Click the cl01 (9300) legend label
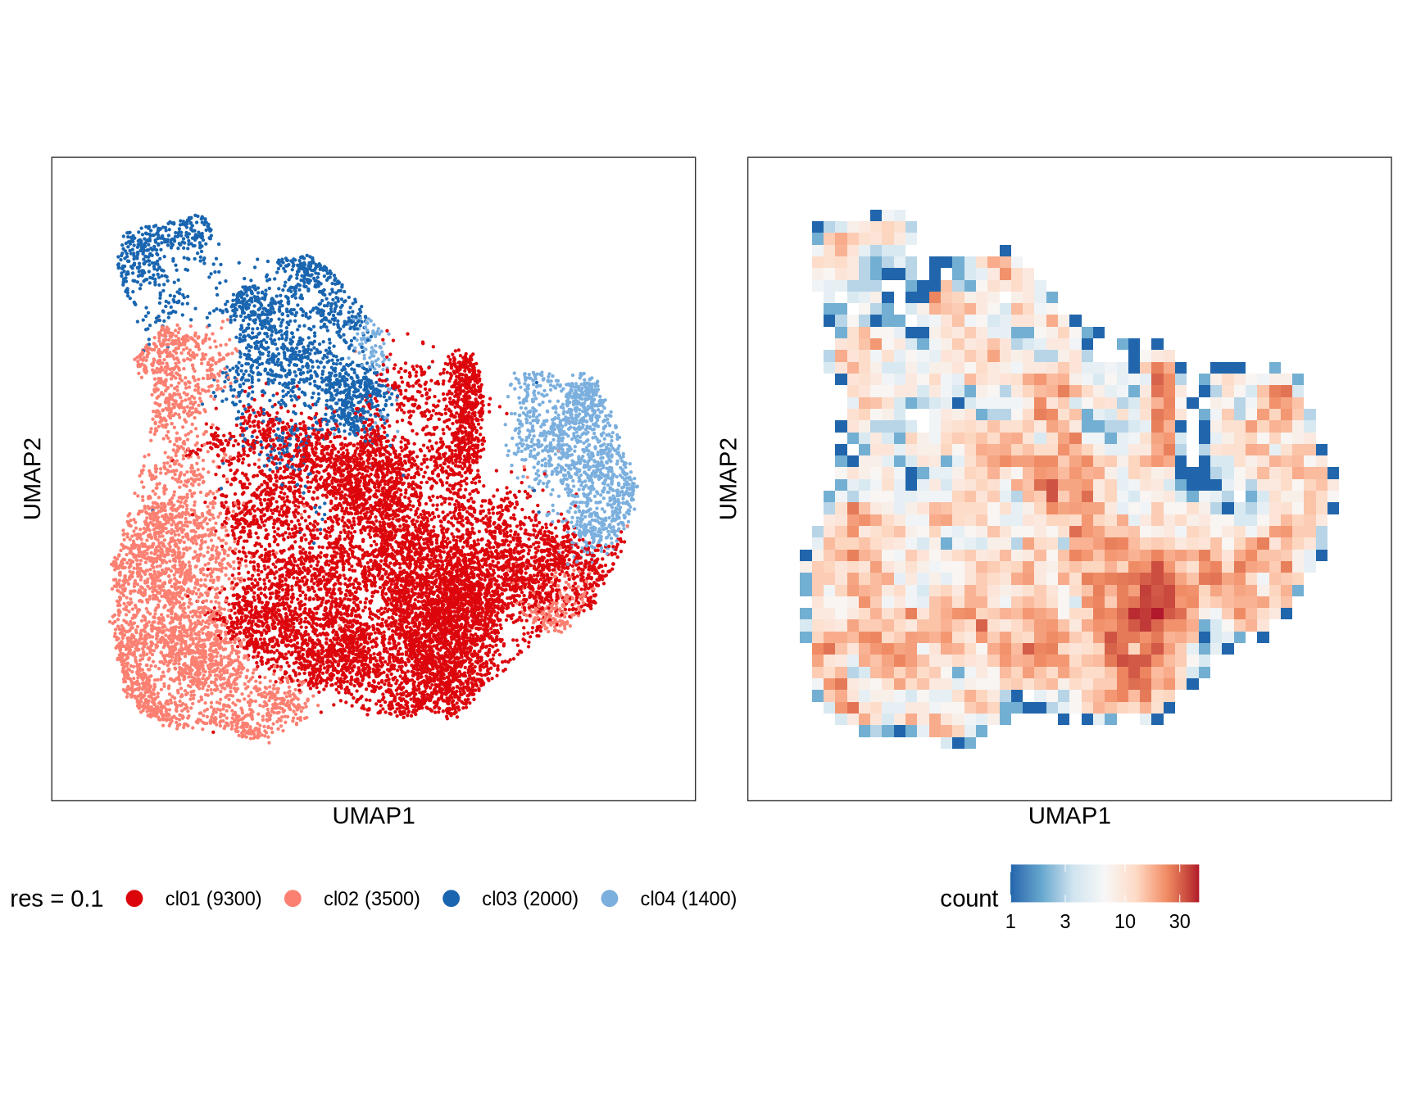[213, 899]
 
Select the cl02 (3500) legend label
[371, 899]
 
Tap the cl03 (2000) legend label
[529, 899]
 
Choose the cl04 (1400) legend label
[688, 899]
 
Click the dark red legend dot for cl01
[134, 899]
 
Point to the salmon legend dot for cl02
[293, 899]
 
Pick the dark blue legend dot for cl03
[451, 899]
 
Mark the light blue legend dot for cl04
[610, 899]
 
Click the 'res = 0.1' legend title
[57, 899]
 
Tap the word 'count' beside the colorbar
[969, 899]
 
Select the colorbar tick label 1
[1010, 922]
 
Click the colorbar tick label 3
[1064, 922]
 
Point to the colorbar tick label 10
[1124, 922]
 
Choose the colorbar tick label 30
[1179, 922]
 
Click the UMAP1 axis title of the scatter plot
[374, 816]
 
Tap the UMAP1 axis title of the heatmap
[1069, 816]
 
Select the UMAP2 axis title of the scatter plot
[32, 478]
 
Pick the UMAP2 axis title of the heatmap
[728, 478]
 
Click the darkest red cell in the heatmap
[1157, 613]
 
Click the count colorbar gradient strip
[1105, 883]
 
